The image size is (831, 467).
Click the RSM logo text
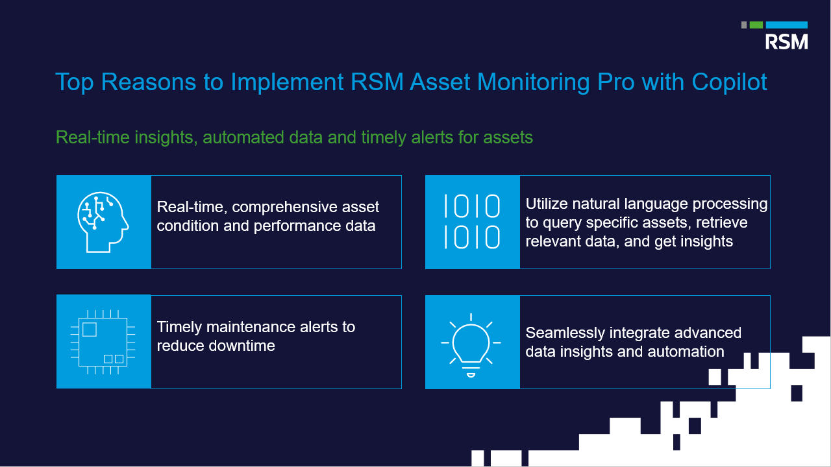[786, 42]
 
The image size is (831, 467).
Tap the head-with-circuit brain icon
[103, 222]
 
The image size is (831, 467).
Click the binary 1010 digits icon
[472, 222]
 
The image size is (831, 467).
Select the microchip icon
[103, 342]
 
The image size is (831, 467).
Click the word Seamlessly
[565, 333]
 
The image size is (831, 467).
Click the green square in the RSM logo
[756, 25]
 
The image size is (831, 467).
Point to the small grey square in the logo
[744, 25]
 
